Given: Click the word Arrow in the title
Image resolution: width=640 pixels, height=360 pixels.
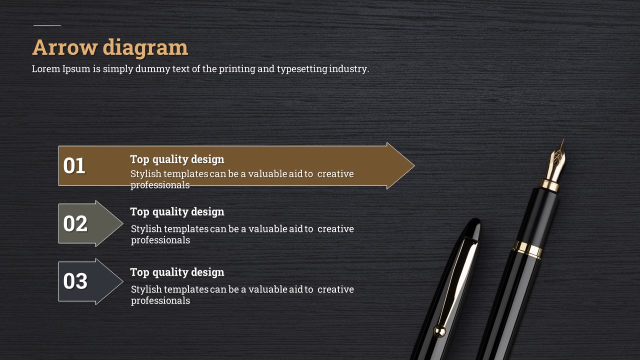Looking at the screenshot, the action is [65, 47].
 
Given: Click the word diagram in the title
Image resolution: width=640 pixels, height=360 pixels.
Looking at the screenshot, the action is [145, 48].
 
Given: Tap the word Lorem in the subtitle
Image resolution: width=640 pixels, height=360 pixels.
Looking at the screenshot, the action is [46, 69].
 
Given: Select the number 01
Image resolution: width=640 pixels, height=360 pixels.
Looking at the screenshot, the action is [74, 165].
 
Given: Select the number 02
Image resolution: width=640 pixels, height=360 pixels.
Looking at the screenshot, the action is [75, 223].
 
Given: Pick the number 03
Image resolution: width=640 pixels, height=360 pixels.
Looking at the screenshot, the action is [75, 281].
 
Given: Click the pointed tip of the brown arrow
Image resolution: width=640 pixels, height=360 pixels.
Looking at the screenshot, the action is [414, 165].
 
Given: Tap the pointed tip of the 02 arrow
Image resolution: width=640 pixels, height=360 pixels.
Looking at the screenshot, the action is [123, 223].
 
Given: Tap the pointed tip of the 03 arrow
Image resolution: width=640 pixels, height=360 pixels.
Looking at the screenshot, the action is [123, 281].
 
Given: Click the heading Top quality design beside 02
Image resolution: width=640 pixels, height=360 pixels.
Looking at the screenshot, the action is [177, 212].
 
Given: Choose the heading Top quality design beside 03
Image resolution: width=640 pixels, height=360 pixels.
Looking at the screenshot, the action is [177, 272].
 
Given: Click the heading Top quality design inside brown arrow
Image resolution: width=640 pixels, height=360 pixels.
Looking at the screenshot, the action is [177, 159].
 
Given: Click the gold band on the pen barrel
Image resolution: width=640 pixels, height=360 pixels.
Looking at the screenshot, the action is [527, 249].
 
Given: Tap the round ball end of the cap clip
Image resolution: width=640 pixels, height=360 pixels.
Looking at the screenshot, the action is [439, 331].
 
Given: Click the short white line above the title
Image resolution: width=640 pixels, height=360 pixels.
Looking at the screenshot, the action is [47, 25].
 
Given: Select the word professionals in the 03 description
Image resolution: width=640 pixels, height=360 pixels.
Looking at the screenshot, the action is [160, 301].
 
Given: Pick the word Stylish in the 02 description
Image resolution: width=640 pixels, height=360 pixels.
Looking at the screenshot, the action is [146, 229].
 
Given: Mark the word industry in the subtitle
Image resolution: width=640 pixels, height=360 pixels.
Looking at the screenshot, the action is [349, 69].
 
